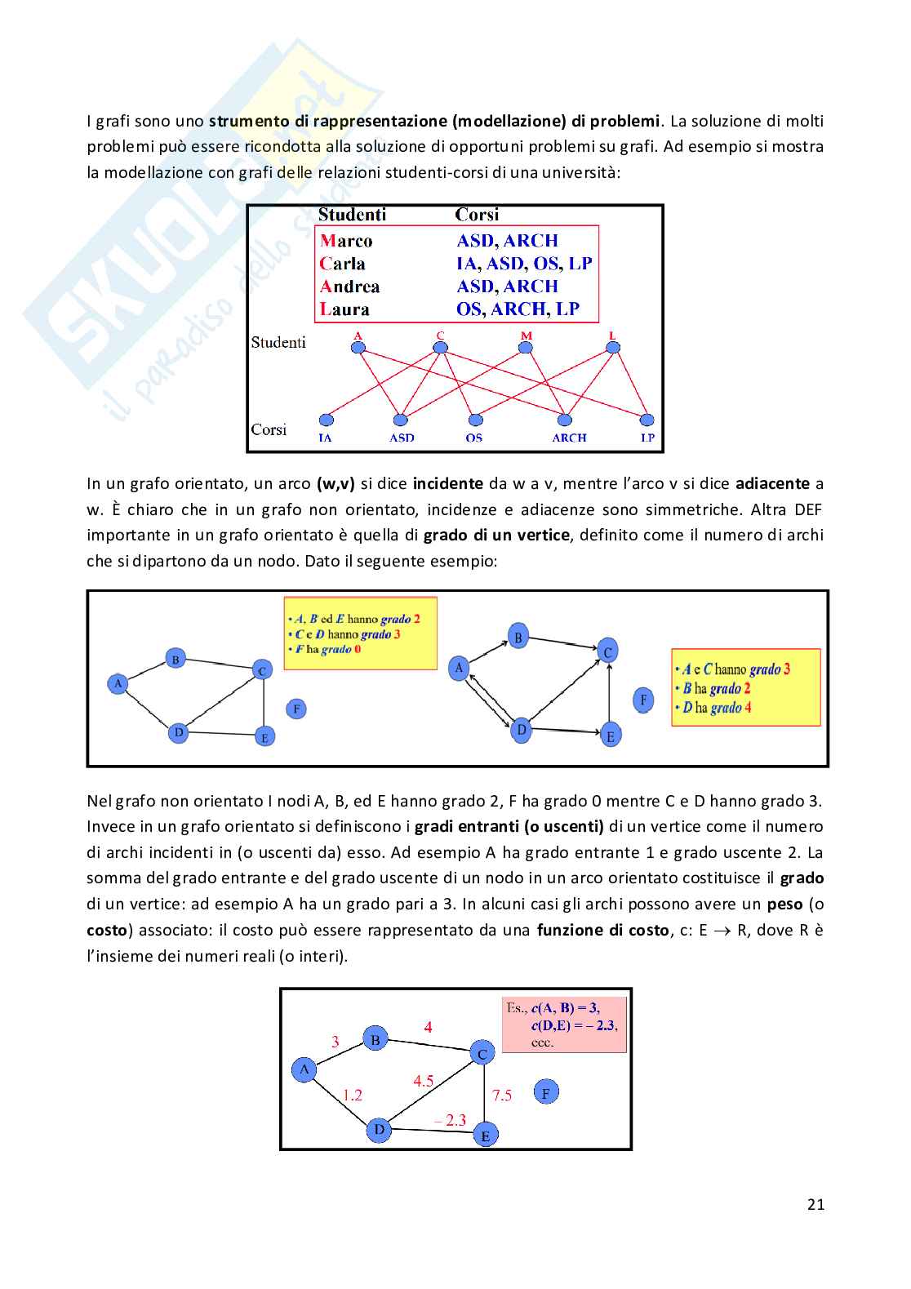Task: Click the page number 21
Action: click(815, 1204)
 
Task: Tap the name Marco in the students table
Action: click(346, 241)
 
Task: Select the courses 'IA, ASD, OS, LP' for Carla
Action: click(524, 264)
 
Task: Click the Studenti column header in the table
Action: click(352, 215)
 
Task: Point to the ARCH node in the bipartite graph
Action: click(564, 420)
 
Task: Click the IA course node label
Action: click(325, 438)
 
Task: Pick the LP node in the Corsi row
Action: click(647, 420)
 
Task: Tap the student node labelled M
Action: click(526, 347)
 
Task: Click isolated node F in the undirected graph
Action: click(297, 709)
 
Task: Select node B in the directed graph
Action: click(518, 637)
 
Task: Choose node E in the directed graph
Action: click(610, 736)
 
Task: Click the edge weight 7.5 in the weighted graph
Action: click(502, 1096)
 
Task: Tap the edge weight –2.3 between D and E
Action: click(451, 1120)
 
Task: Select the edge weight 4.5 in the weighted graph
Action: click(423, 1081)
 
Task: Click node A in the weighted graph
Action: click(304, 1069)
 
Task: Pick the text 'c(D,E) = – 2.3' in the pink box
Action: click(574, 1025)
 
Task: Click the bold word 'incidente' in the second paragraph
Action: click(448, 483)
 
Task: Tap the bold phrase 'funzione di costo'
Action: click(602, 930)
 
